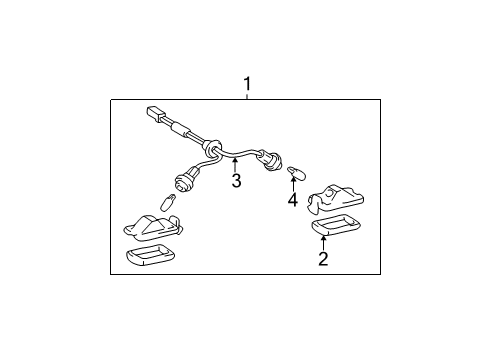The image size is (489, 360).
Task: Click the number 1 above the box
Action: tap(247, 86)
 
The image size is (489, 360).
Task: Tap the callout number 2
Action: tap(322, 260)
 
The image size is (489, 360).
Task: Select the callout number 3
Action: tap(236, 181)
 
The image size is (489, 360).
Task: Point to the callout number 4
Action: tap(293, 199)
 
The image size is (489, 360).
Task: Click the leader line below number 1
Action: tap(247, 97)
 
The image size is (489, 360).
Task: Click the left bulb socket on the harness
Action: tap(184, 181)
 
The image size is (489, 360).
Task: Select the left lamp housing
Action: tap(149, 225)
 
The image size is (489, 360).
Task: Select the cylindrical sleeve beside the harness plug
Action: tap(179, 130)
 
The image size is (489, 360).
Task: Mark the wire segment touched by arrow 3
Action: tap(232, 157)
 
